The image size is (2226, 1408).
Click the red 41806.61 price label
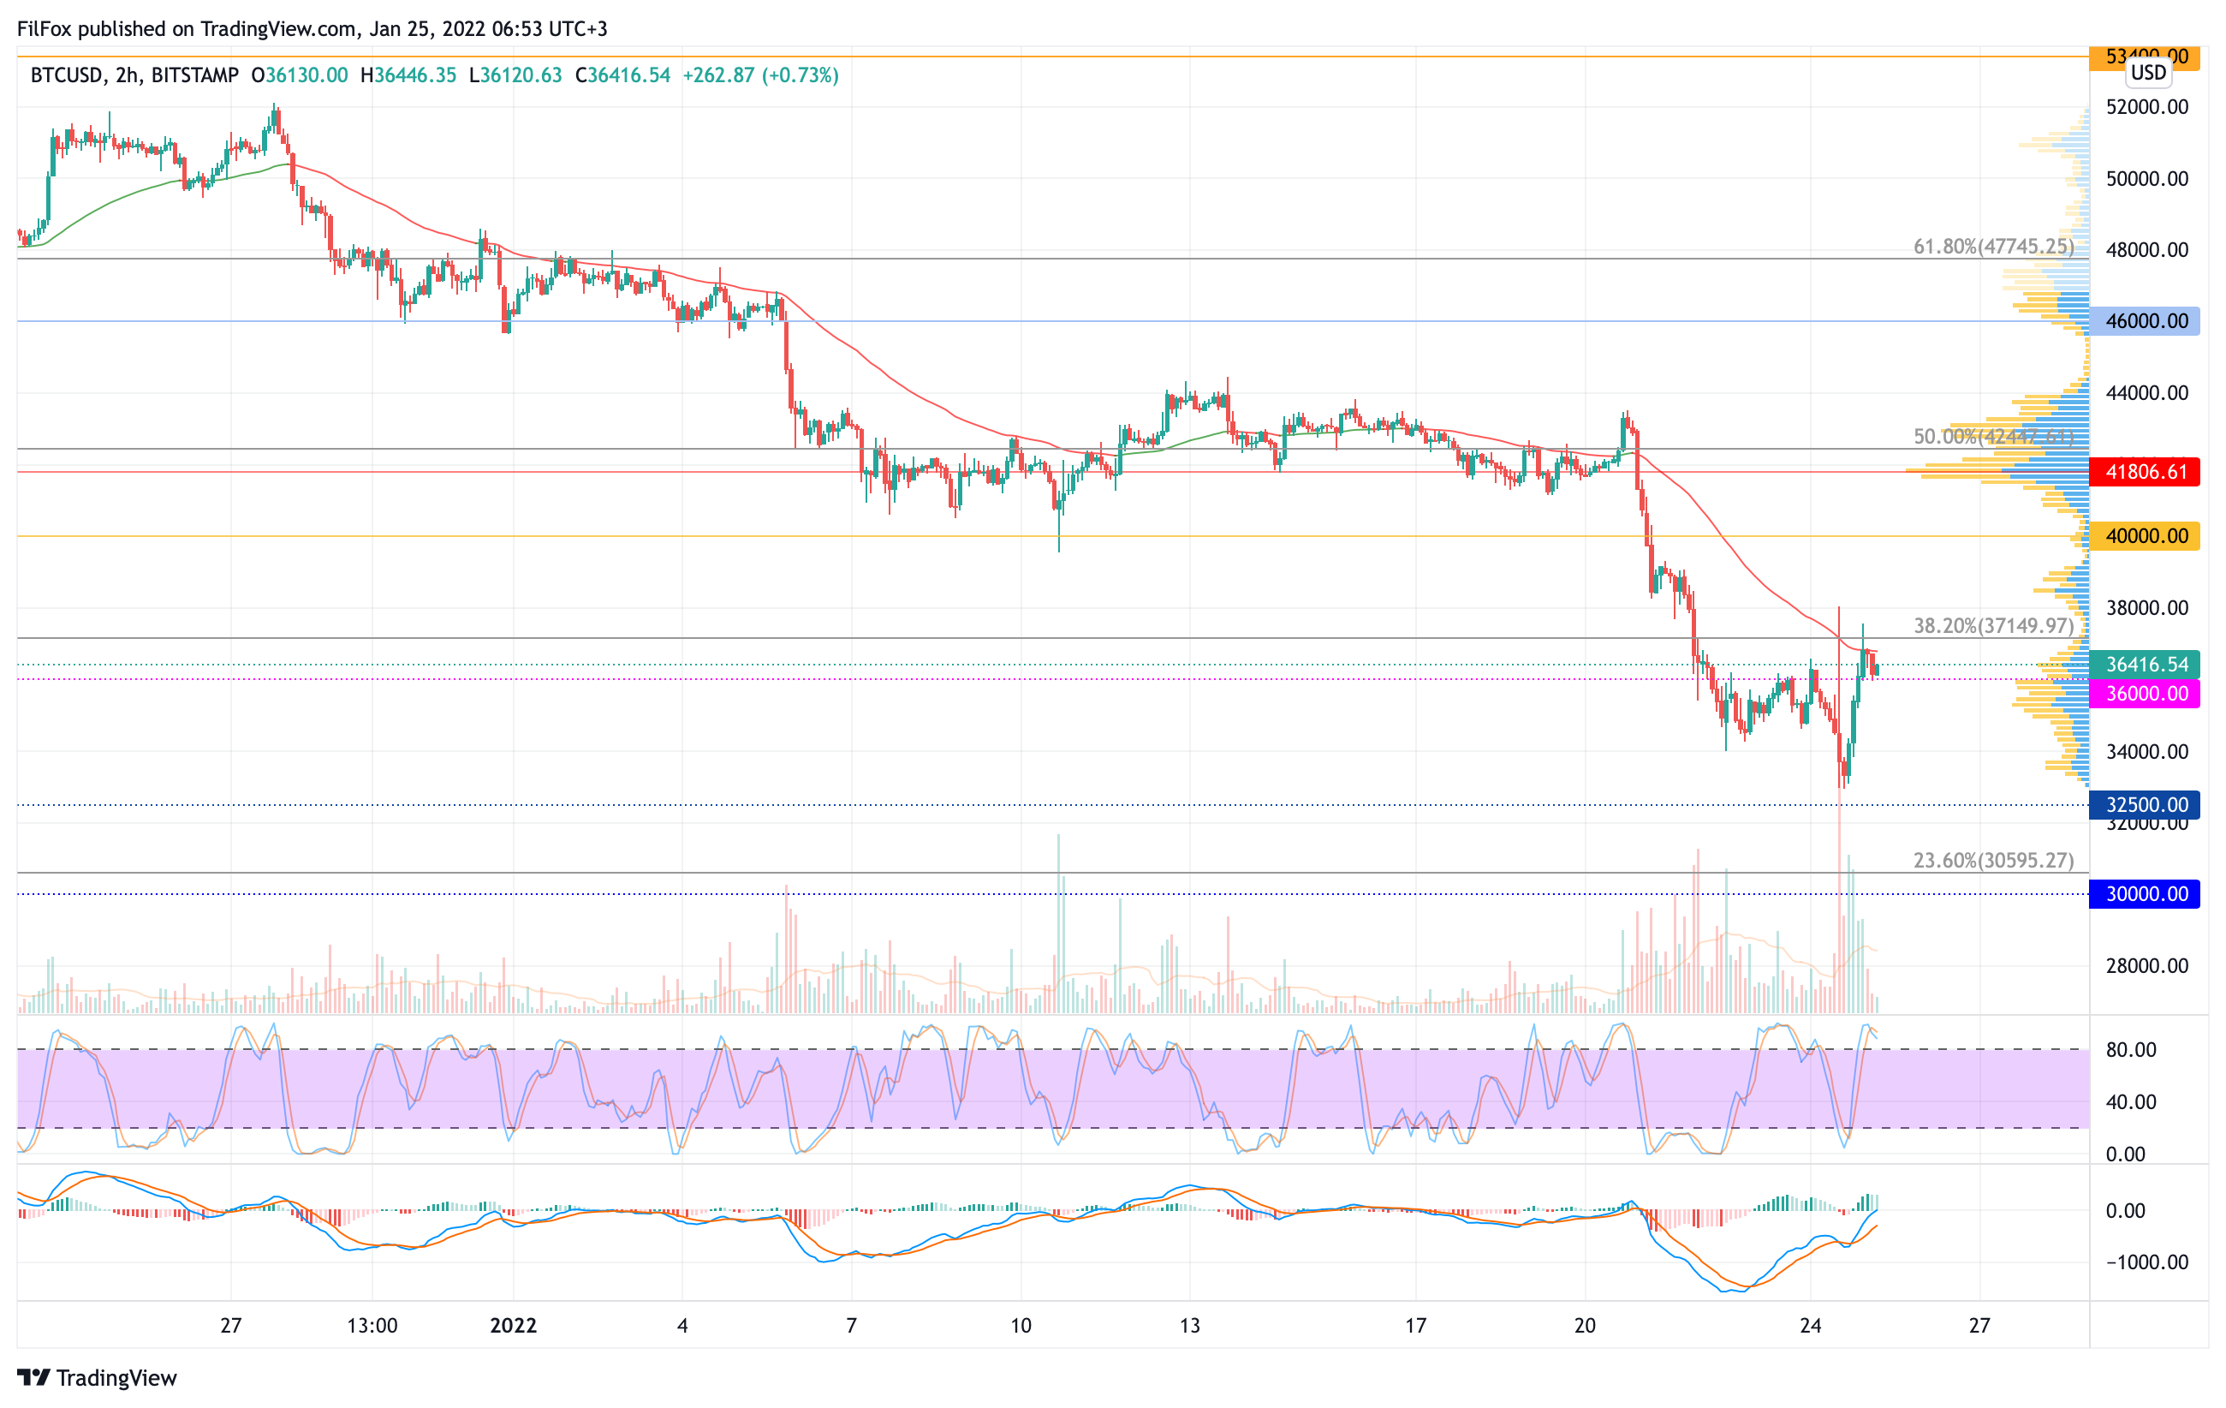tap(2145, 473)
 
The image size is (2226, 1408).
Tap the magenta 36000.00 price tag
tap(2145, 694)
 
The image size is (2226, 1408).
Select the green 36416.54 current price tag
tap(2145, 664)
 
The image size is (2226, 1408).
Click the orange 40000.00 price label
tap(2145, 536)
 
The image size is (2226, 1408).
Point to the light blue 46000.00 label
tap(2145, 321)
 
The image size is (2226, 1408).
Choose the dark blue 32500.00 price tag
tap(2145, 804)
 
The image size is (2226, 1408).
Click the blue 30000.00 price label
tap(2145, 894)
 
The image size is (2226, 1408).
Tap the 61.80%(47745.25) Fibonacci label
tap(1993, 247)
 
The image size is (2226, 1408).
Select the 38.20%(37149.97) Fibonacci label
tap(1993, 626)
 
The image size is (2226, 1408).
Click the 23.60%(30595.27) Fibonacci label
tap(1993, 861)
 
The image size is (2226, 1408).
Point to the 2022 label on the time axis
tap(513, 1326)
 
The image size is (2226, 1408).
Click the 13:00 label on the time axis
tap(372, 1326)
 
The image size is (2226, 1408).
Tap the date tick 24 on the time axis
tap(1810, 1326)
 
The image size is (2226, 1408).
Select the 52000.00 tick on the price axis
tap(2146, 107)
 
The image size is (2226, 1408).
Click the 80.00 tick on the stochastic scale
tap(2131, 1049)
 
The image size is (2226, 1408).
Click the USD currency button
tap(2148, 72)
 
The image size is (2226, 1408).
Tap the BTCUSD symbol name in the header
tap(67, 75)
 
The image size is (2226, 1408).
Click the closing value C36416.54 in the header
tap(622, 75)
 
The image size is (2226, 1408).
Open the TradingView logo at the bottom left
tap(97, 1377)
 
